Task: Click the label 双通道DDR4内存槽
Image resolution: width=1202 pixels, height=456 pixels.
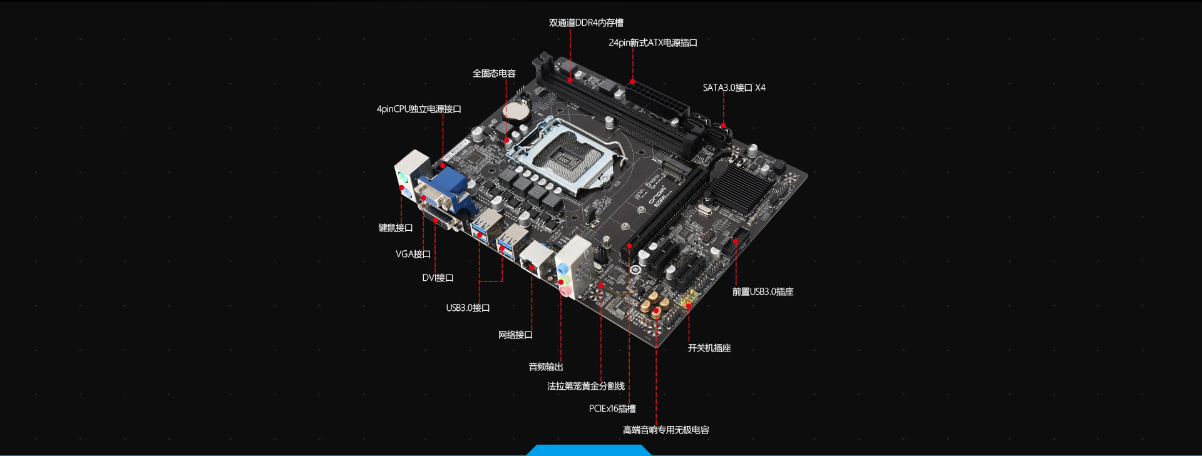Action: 586,23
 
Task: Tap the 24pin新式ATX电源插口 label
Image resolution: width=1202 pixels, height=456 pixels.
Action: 653,43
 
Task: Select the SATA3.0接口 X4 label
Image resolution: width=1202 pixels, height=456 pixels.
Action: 734,88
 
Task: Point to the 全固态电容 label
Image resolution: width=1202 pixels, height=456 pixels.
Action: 494,74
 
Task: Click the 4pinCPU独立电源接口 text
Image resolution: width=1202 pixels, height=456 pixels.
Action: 419,109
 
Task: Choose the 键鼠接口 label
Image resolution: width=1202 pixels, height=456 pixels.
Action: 396,228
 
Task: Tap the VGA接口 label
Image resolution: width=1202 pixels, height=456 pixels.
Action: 413,255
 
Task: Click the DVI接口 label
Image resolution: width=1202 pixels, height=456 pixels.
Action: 438,278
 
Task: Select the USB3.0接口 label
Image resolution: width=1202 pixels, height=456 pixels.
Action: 468,308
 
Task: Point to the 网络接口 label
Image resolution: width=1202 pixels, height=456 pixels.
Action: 515,335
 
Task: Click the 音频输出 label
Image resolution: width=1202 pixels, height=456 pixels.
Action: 546,367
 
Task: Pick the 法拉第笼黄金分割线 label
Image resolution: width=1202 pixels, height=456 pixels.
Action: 586,387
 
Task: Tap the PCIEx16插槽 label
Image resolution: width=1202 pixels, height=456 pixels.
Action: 612,409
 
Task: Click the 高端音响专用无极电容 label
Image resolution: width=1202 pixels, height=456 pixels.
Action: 666,430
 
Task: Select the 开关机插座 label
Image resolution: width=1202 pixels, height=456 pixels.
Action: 709,348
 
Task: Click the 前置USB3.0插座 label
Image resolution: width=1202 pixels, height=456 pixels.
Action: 763,292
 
